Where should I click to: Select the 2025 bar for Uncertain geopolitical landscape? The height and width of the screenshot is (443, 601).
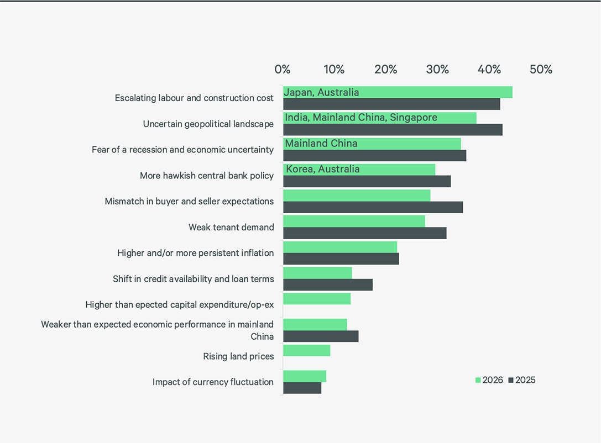click(393, 130)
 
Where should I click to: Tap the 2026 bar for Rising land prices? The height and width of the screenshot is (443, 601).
click(306, 351)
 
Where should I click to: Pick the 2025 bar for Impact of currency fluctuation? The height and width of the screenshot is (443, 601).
click(302, 388)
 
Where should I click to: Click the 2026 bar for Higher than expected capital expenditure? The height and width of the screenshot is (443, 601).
click(317, 299)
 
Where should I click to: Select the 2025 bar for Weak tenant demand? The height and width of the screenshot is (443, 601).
click(364, 233)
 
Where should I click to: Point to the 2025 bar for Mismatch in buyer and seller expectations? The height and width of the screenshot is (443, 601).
click(373, 207)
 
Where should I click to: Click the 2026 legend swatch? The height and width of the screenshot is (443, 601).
click(478, 380)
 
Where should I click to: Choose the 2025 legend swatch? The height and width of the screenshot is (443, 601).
click(511, 380)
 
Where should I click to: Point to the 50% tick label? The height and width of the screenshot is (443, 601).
click(541, 70)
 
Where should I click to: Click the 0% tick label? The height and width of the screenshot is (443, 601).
click(283, 70)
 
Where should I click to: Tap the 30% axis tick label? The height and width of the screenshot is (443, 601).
click(437, 70)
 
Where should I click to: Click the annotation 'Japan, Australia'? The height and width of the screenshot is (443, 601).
click(322, 92)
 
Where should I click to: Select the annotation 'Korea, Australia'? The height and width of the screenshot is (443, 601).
click(323, 169)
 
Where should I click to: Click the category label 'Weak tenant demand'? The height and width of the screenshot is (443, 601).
click(231, 227)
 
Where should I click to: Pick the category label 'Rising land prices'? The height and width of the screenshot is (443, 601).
click(238, 356)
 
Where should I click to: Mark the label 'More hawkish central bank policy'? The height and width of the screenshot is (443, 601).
click(207, 176)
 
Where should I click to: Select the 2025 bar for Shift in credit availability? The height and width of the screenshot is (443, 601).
click(328, 285)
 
